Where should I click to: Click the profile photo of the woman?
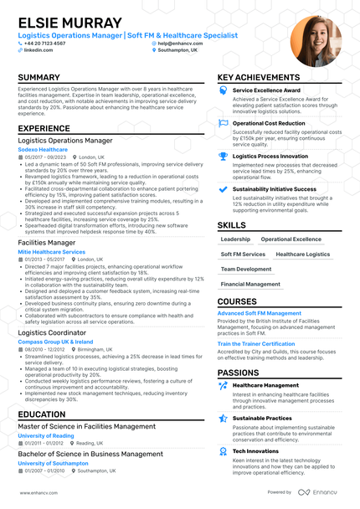tap(316, 40)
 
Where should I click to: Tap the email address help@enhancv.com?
tap(183, 43)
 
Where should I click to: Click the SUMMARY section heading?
tap(39, 78)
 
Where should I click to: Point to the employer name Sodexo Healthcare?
tap(43, 149)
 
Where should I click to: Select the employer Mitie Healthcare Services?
tap(51, 251)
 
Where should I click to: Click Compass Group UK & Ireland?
tap(55, 342)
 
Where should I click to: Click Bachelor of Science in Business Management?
tap(90, 454)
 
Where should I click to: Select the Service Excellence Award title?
tap(266, 90)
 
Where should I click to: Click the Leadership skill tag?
tap(235, 239)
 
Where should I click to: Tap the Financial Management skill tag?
tap(251, 284)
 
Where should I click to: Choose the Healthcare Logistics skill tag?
tap(303, 254)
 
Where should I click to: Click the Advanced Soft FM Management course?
tap(259, 313)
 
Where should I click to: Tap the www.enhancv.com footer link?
tap(35, 493)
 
